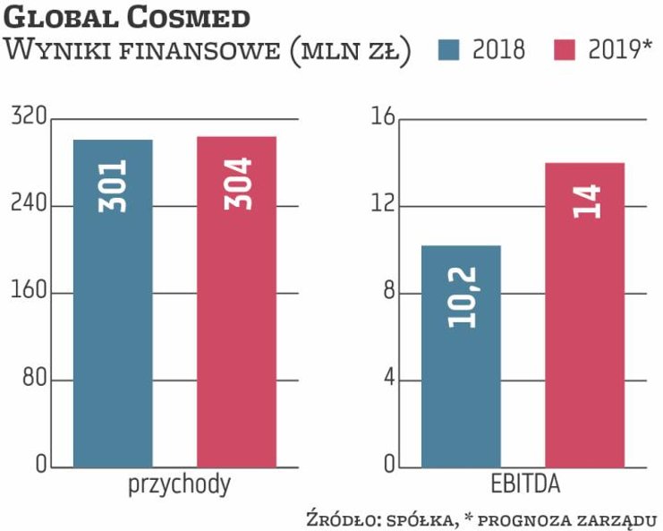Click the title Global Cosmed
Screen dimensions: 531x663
coord(127,17)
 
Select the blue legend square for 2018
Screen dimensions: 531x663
coord(450,50)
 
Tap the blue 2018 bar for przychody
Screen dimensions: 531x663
coord(113,340)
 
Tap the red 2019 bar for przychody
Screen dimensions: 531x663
coord(236,340)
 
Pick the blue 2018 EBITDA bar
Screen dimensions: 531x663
coord(461,376)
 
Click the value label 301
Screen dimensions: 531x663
coord(114,185)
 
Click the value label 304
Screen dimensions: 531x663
coord(237,184)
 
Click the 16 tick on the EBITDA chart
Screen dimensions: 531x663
coord(382,118)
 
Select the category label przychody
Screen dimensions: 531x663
coord(179,485)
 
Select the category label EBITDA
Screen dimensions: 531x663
coord(526,485)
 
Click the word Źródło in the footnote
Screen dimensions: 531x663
coord(338,518)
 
